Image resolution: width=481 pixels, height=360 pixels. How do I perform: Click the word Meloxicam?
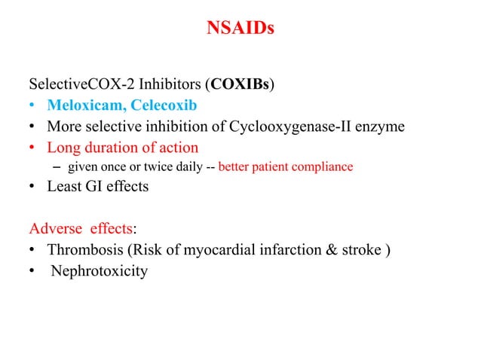(x=82, y=104)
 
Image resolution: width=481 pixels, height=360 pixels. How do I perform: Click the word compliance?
(x=323, y=166)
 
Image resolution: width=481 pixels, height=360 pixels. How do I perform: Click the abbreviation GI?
(x=97, y=186)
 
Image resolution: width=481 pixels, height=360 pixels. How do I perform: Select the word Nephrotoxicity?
(x=99, y=270)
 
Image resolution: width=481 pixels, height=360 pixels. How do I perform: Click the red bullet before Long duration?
(x=33, y=148)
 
